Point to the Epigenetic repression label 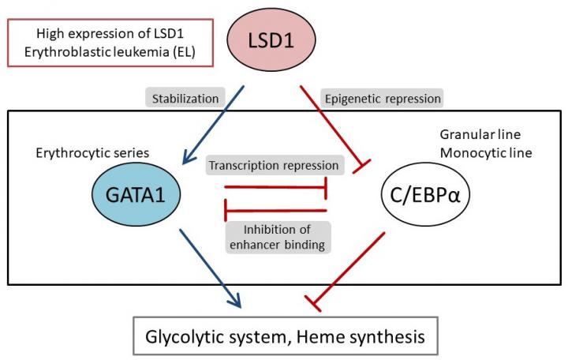point(382,99)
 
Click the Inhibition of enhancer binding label point(277,236)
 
